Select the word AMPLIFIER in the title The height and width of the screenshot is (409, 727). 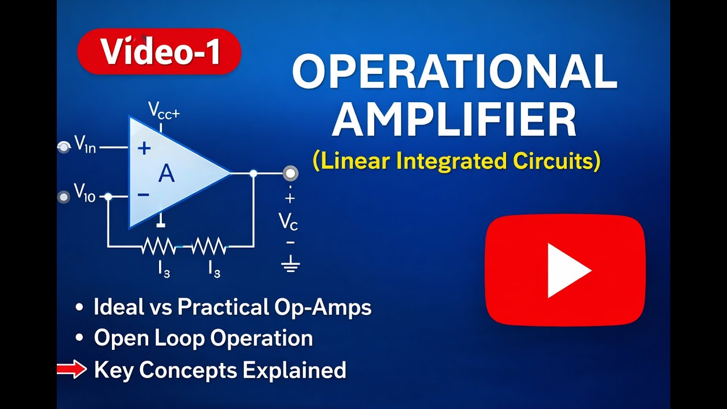tap(454, 121)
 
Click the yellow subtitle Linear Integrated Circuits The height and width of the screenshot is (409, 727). tap(456, 161)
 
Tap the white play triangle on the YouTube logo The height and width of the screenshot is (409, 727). tap(567, 270)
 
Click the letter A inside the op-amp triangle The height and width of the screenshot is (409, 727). tap(166, 173)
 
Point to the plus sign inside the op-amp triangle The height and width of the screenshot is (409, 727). tap(144, 148)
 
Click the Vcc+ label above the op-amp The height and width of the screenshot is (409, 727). tap(164, 110)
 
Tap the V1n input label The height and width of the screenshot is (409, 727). tap(85, 145)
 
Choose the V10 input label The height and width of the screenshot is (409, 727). tap(85, 193)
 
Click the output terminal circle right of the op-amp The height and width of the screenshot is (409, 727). tap(291, 173)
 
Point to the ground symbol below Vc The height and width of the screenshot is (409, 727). tap(290, 264)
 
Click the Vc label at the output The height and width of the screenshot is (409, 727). tap(289, 222)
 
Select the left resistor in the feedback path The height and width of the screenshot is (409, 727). tap(159, 247)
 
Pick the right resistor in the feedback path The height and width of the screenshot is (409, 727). tap(208, 247)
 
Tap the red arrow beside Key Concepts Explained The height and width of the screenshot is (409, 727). tap(72, 370)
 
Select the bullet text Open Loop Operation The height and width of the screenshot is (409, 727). tap(203, 338)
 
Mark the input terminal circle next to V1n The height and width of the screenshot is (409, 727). tap(64, 147)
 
